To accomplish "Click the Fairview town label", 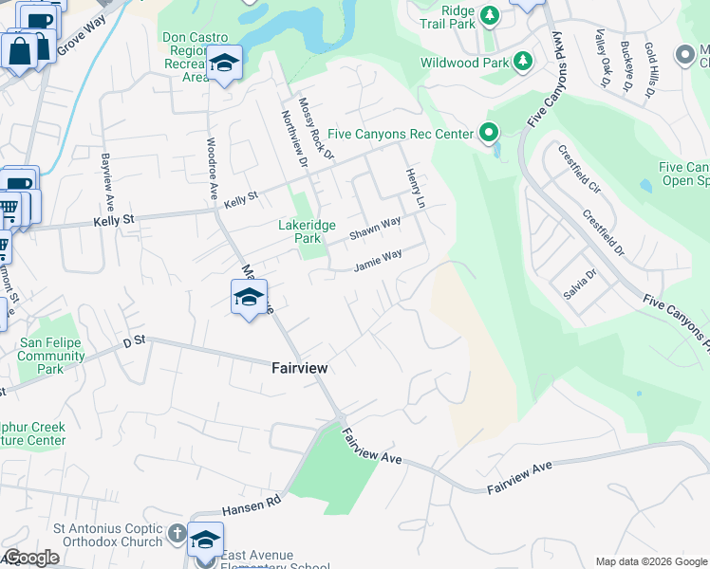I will [300, 367].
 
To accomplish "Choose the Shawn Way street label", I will [375, 229].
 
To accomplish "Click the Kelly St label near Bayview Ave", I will [115, 219].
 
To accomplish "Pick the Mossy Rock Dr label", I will [316, 127].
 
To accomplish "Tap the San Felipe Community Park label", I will [51, 356].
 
